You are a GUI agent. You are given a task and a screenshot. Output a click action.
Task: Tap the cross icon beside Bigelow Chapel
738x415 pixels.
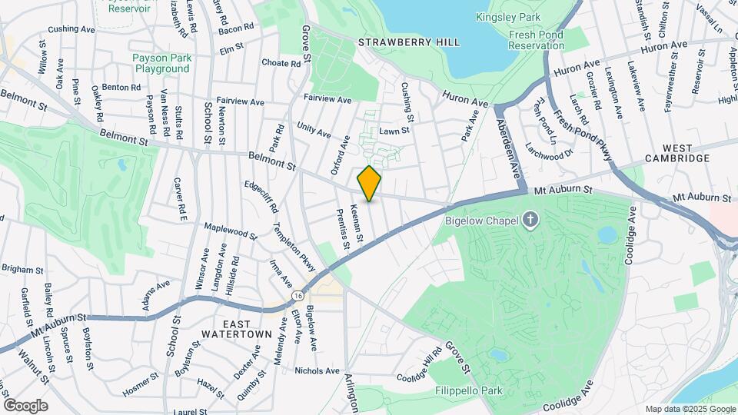click(x=530, y=221)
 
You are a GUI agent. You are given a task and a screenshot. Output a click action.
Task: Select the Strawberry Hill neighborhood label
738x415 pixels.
click(x=409, y=41)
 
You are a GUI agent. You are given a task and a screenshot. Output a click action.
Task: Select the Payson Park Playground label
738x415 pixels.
click(x=161, y=63)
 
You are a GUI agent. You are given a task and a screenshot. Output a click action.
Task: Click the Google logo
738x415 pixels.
click(x=25, y=406)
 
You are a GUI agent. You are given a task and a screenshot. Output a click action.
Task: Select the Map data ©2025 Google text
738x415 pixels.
click(x=690, y=409)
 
